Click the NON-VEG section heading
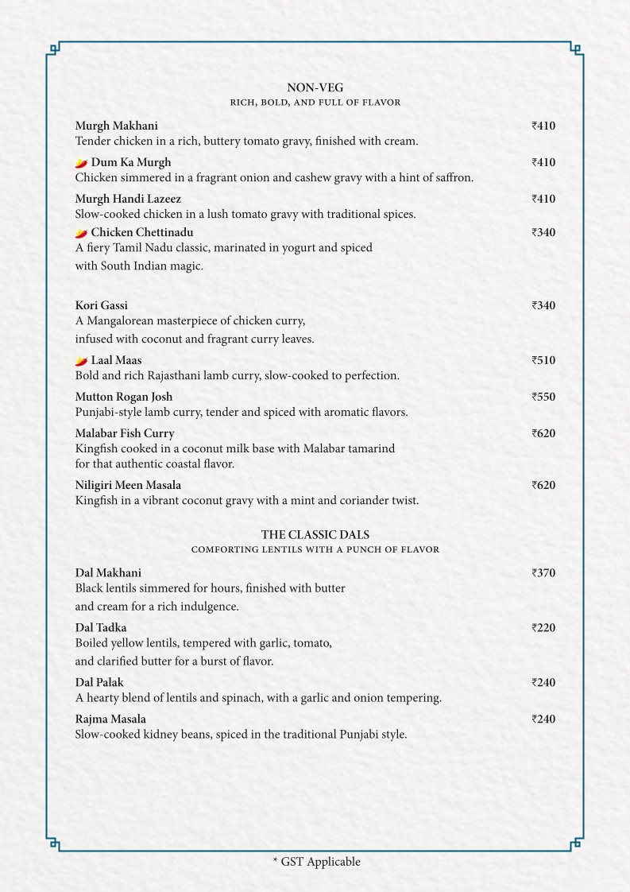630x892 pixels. click(x=315, y=87)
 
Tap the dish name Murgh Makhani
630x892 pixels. click(x=116, y=126)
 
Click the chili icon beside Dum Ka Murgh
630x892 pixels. click(x=81, y=163)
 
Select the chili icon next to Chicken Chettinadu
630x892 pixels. click(x=81, y=233)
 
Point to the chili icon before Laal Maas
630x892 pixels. click(x=81, y=361)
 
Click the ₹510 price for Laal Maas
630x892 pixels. click(x=543, y=361)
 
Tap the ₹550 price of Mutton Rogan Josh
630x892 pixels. click(x=543, y=398)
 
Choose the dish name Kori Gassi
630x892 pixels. click(x=101, y=306)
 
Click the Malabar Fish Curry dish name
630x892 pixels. click(x=125, y=434)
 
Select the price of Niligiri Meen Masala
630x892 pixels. click(x=543, y=486)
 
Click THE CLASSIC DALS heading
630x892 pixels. click(x=315, y=535)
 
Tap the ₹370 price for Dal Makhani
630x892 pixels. click(x=543, y=573)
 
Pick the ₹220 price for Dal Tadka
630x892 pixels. click(x=543, y=628)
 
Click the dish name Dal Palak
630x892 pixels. click(x=99, y=683)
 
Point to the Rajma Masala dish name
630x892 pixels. click(x=110, y=719)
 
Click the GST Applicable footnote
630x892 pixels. click(x=316, y=862)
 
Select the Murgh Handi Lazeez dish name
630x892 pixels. click(x=128, y=199)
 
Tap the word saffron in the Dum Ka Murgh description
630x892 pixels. click(x=454, y=178)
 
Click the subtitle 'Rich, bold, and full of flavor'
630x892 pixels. click(x=315, y=103)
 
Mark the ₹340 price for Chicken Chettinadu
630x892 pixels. click(x=543, y=233)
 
